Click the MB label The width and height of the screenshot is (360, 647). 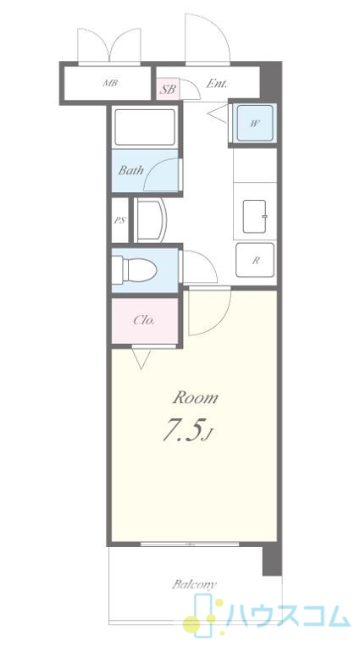110,83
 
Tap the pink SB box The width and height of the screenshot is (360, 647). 168,89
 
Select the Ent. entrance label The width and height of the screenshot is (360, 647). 216,84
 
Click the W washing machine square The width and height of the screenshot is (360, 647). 255,123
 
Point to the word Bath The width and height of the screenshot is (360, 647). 131,170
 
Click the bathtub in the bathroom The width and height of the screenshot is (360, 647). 145,127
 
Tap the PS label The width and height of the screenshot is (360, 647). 119,220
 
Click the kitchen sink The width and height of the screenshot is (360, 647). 254,216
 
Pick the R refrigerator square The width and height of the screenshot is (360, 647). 255,260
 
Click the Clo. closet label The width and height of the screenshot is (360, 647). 144,320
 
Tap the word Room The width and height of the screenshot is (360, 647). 196,398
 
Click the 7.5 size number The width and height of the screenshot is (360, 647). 184,431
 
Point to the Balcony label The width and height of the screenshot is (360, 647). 194,583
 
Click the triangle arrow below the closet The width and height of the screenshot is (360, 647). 141,358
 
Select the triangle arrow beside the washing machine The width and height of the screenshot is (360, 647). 218,113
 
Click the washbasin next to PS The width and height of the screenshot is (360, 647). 150,220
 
